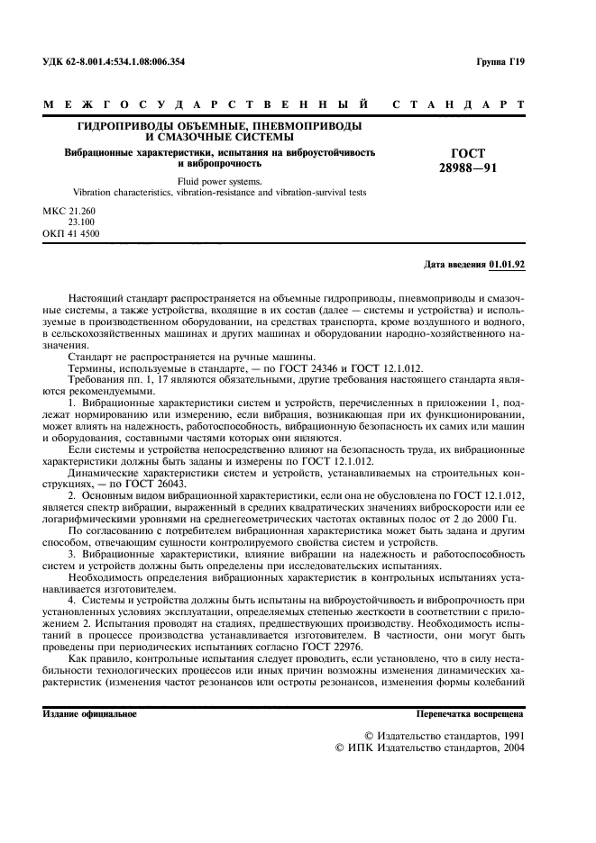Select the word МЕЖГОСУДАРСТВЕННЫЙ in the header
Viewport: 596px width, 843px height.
point(206,105)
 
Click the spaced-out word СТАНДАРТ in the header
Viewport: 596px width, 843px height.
point(458,105)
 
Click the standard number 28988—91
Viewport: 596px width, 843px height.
point(467,168)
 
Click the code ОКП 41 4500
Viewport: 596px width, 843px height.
point(71,233)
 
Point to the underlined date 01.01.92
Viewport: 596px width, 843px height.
point(507,265)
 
